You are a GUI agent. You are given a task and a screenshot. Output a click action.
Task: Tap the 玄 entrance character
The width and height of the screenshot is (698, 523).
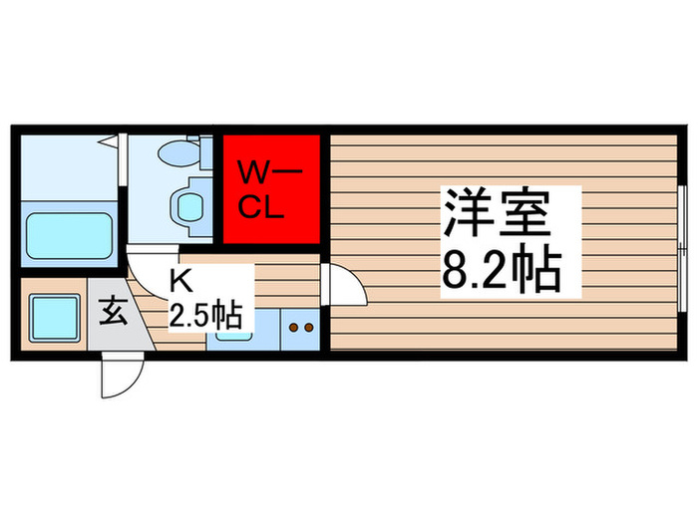(x=111, y=318)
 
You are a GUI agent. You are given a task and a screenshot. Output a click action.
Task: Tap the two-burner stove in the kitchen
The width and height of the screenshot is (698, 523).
(x=300, y=328)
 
